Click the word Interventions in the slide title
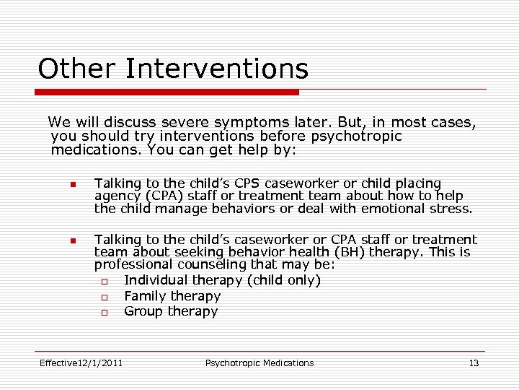pyautogui.click(x=216, y=69)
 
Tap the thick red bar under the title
pyautogui.click(x=167, y=92)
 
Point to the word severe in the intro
pyautogui.click(x=197, y=123)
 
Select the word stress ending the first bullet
pyautogui.click(x=451, y=209)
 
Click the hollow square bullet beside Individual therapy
pyautogui.click(x=104, y=281)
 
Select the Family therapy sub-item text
pyautogui.click(x=172, y=296)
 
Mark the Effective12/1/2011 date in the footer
pyautogui.click(x=81, y=363)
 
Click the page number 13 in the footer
pyautogui.click(x=474, y=363)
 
